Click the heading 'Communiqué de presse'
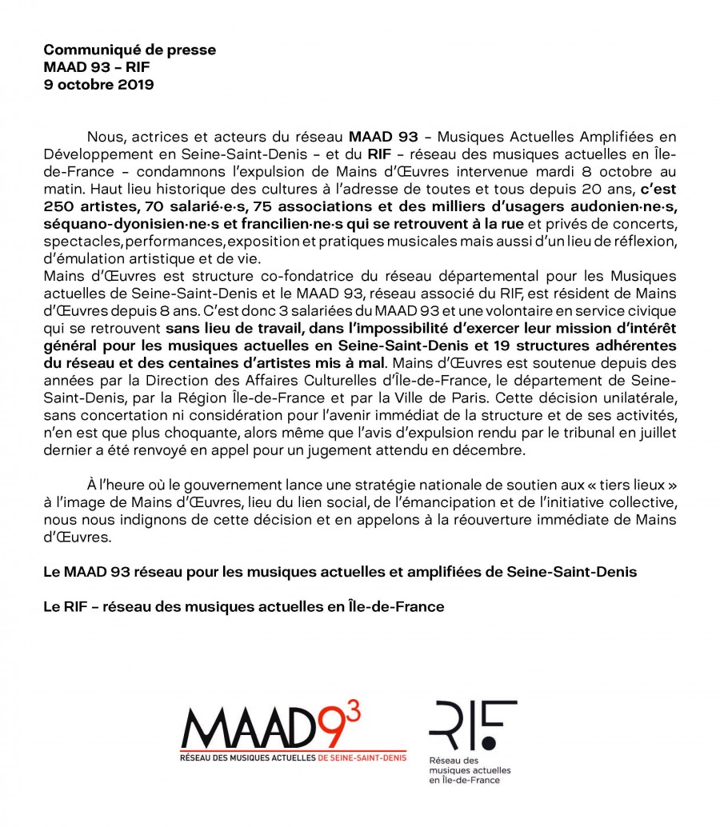130,50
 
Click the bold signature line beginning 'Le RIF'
243,608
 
